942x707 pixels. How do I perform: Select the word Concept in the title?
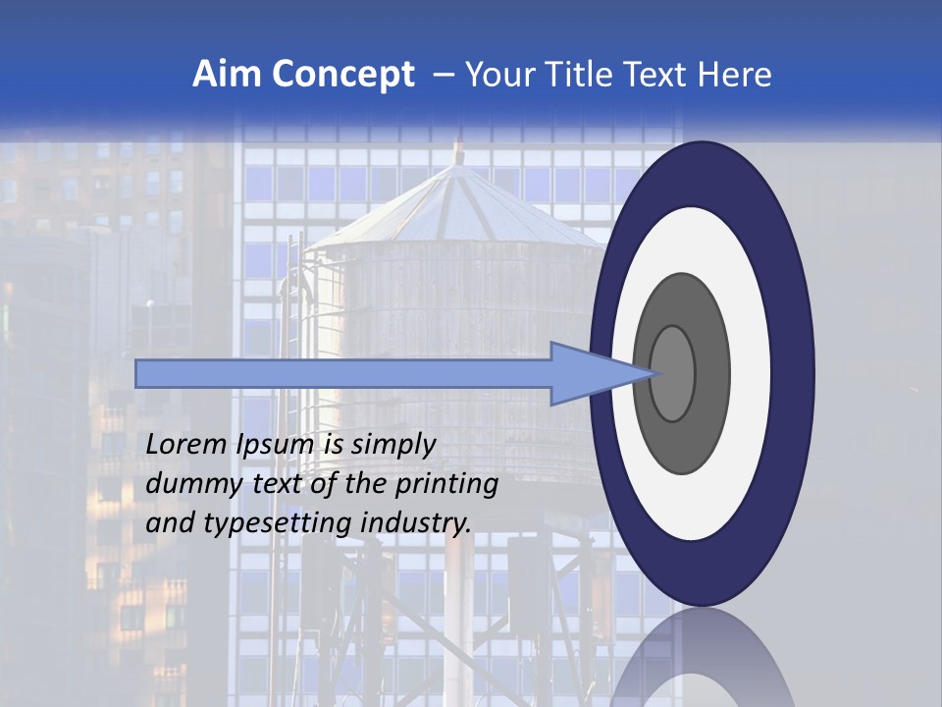pyautogui.click(x=343, y=75)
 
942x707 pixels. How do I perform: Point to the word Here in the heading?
pyautogui.click(x=735, y=75)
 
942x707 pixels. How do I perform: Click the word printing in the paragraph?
pyautogui.click(x=446, y=485)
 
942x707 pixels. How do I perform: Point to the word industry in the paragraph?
pyautogui.click(x=416, y=523)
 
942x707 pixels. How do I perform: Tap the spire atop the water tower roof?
pyautogui.click(x=457, y=152)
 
